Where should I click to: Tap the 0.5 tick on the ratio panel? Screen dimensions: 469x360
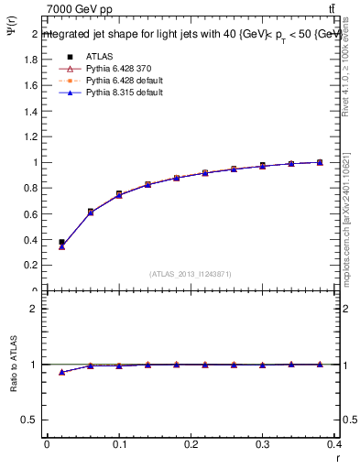tap(31, 420)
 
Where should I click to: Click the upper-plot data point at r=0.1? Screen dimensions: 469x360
tap(119, 194)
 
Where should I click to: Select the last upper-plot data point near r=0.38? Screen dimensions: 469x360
tap(320, 162)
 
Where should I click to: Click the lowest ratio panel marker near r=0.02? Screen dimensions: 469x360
tap(61, 372)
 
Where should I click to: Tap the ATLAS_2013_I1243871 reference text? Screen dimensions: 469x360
tap(191, 274)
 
